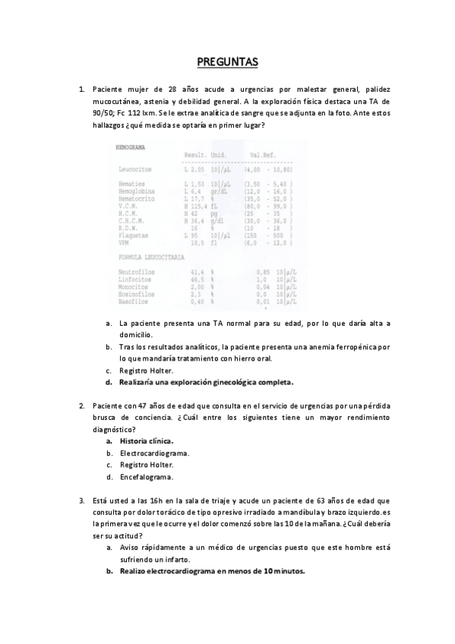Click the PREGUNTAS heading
[227, 62]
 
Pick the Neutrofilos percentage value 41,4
[197, 271]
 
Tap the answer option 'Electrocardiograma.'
[154, 453]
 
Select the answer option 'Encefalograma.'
[146, 477]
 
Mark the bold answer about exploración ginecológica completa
[206, 382]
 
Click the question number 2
[81, 405]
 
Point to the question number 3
[81, 500]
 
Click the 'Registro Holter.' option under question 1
[146, 371]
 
